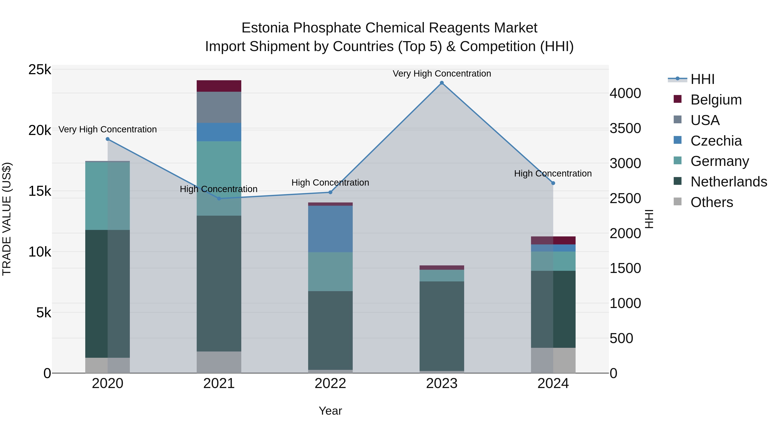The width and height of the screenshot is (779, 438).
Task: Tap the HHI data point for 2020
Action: pyautogui.click(x=108, y=139)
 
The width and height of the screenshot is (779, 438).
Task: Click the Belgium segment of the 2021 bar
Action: pyautogui.click(x=219, y=86)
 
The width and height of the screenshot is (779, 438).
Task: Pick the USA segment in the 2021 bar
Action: pyautogui.click(x=219, y=107)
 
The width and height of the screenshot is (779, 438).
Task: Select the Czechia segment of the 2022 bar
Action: pyautogui.click(x=330, y=229)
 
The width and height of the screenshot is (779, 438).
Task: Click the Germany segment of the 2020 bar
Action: pyautogui.click(x=108, y=196)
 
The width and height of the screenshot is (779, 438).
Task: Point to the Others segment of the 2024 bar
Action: pyautogui.click(x=553, y=360)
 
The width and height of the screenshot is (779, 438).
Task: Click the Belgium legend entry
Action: pyautogui.click(x=716, y=100)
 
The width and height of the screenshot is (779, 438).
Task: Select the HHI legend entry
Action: pyautogui.click(x=702, y=79)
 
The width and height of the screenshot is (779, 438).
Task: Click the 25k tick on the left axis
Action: pyautogui.click(x=40, y=70)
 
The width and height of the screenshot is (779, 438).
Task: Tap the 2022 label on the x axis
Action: pyautogui.click(x=330, y=383)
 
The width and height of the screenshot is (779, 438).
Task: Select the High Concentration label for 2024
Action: pyautogui.click(x=553, y=173)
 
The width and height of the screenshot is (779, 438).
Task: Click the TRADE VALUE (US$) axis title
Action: pyautogui.click(x=7, y=219)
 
